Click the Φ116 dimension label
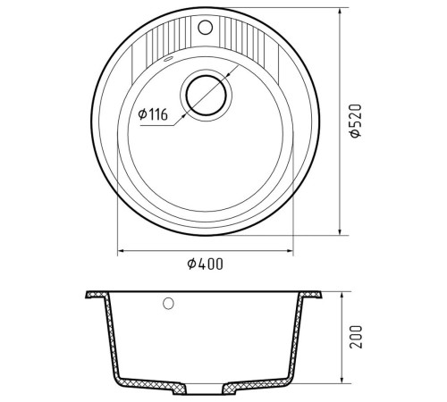pos(153,114)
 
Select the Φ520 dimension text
pos(356,121)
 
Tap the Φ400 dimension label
pos(205,264)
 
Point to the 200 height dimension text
pos(356,337)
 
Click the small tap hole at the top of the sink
pos(205,27)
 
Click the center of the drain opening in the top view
pos(206,96)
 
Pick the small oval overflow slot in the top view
pos(168,59)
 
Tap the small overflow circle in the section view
pos(168,304)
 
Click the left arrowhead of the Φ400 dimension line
pos(121,251)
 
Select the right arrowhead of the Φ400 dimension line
pos(290,251)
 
